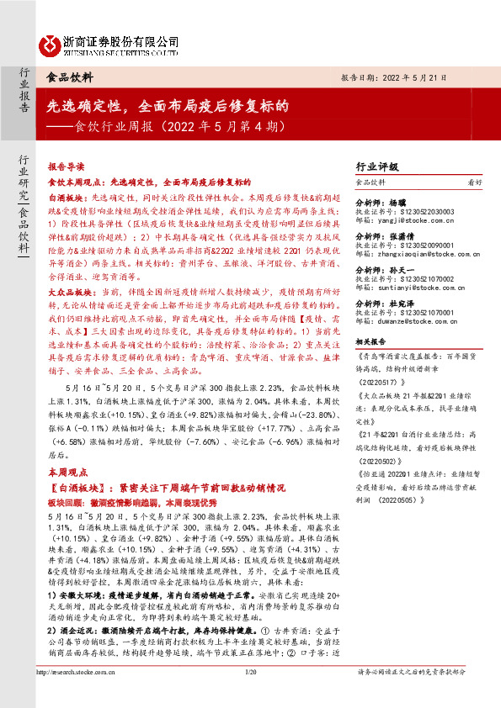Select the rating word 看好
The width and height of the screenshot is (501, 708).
[x=475, y=182]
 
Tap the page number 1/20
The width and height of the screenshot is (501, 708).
[x=250, y=695]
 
